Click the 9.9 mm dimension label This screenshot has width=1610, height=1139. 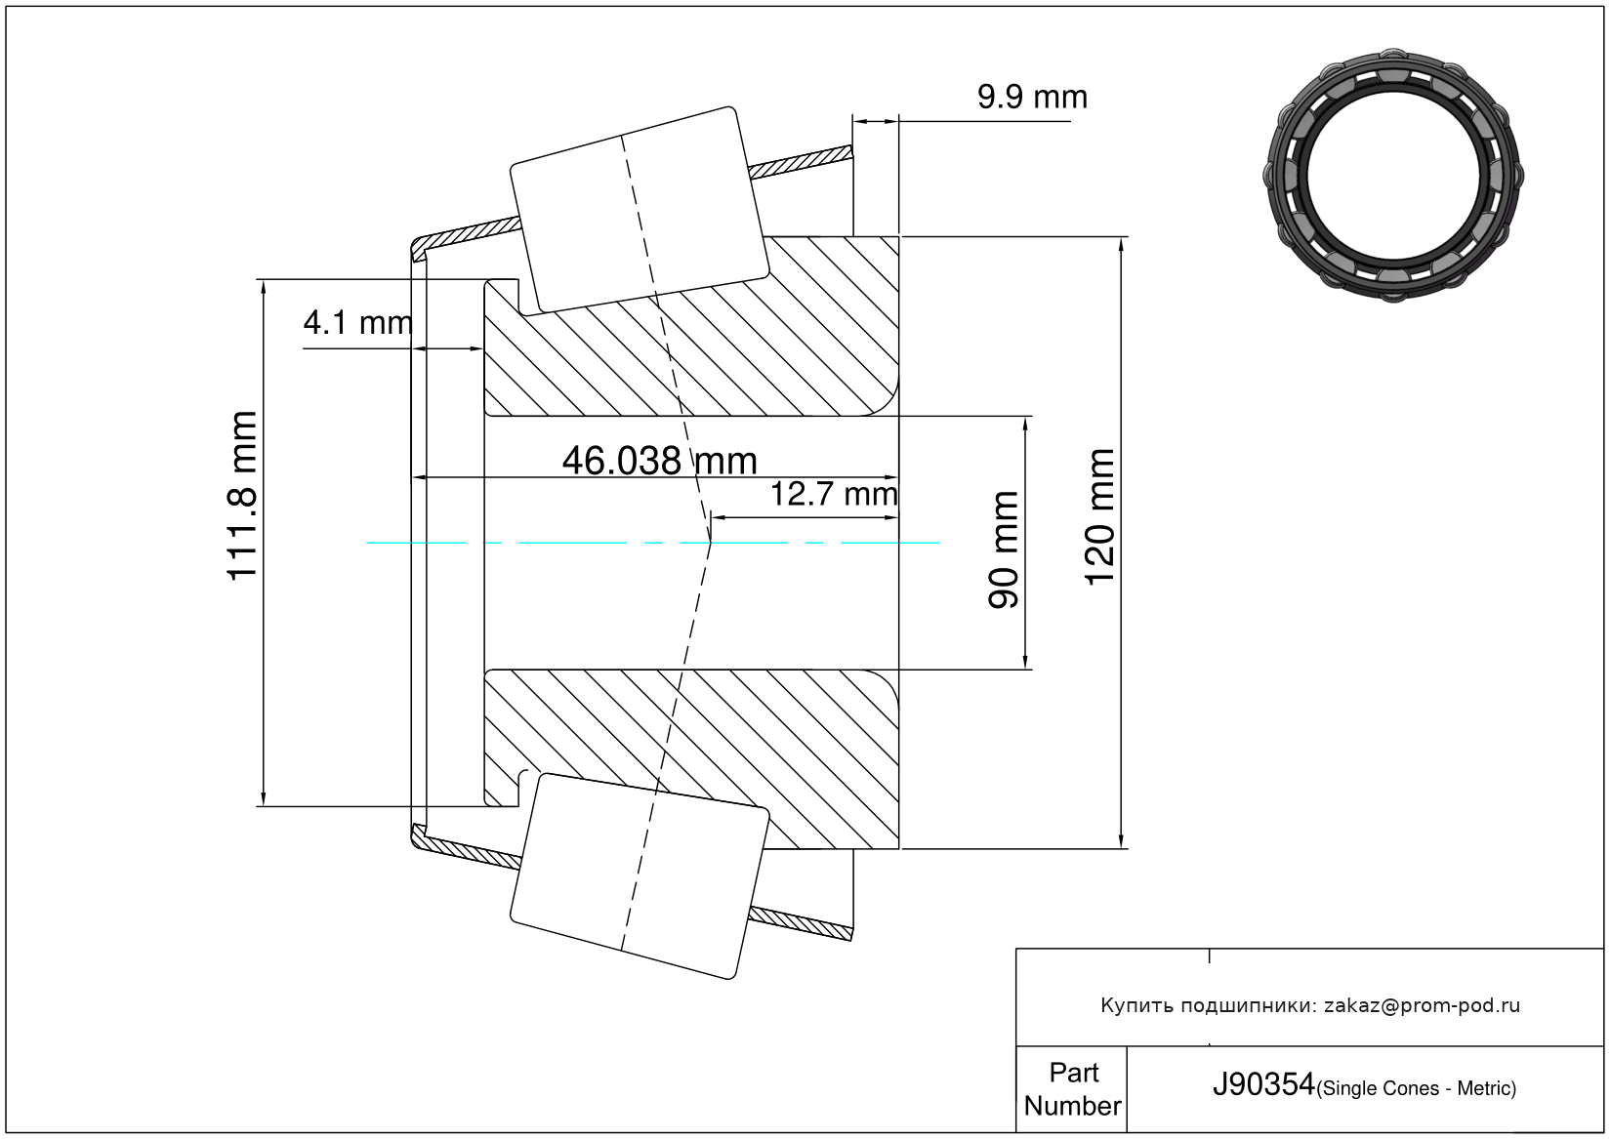pyautogui.click(x=1032, y=97)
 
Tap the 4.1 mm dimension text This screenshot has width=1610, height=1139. pyautogui.click(x=357, y=323)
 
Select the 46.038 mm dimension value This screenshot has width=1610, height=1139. pyautogui.click(x=659, y=461)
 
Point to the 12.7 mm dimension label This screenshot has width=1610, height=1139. pyautogui.click(x=834, y=495)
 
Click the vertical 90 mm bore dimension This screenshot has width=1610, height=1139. pyautogui.click(x=1004, y=549)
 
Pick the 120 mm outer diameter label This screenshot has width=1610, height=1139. pyautogui.click(x=1099, y=516)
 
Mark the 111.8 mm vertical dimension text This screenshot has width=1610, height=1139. pyautogui.click(x=241, y=496)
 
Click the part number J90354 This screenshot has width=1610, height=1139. pyautogui.click(x=1262, y=1084)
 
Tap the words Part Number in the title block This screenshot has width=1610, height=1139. pyautogui.click(x=1072, y=1088)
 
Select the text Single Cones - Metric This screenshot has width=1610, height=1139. pyautogui.click(x=1416, y=1088)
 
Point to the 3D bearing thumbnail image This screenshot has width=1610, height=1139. pyautogui.click(x=1393, y=176)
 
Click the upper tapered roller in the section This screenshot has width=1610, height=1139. pyautogui.click(x=640, y=211)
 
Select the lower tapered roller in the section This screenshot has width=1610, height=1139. pyautogui.click(x=640, y=876)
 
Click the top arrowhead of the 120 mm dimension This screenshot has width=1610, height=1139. pyautogui.click(x=1121, y=244)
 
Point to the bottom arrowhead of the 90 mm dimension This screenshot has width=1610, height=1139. pyautogui.click(x=1025, y=662)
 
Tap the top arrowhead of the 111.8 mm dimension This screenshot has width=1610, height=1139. pyautogui.click(x=264, y=287)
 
